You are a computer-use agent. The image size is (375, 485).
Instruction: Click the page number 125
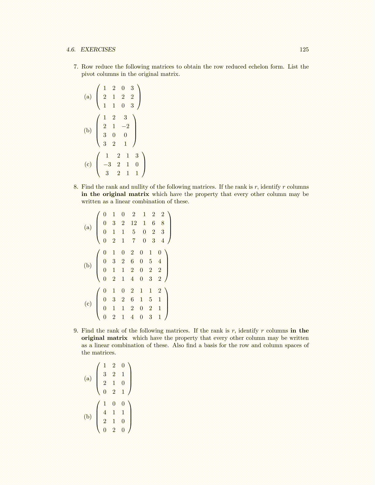304,50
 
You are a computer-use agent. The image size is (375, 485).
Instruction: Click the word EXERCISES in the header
98,50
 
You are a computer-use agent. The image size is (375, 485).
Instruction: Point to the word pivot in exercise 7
88,74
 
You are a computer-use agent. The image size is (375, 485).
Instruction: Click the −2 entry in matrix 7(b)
125,126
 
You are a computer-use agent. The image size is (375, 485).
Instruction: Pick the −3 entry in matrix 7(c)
107,164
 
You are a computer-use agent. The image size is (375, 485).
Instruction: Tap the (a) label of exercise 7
88,97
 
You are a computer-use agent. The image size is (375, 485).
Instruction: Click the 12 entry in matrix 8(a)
134,223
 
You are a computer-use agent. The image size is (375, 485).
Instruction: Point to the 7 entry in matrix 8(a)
134,241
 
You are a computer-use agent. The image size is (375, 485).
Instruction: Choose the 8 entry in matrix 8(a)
163,223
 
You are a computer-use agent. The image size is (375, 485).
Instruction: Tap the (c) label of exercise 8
88,304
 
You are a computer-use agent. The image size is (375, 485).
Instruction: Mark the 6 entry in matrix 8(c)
132,299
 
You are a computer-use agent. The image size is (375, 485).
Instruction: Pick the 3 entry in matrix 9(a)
105,374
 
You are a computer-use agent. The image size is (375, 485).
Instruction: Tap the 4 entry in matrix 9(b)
105,412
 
